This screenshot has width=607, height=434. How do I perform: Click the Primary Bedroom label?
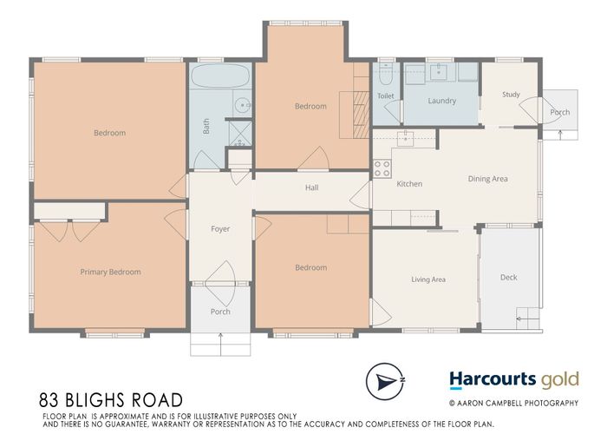(110, 272)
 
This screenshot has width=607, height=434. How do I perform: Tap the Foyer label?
(220, 229)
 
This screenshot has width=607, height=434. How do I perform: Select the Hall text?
(311, 187)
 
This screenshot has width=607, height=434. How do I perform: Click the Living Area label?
(428, 279)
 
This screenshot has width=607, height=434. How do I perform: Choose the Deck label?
(508, 278)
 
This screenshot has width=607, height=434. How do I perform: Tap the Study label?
(510, 95)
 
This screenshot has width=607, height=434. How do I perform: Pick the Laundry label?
(441, 101)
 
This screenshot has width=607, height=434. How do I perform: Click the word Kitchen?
(409, 184)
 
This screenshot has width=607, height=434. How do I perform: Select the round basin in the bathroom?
(240, 106)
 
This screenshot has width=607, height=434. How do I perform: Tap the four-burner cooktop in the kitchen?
(382, 169)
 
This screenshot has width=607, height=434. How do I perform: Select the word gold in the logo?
(559, 379)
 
